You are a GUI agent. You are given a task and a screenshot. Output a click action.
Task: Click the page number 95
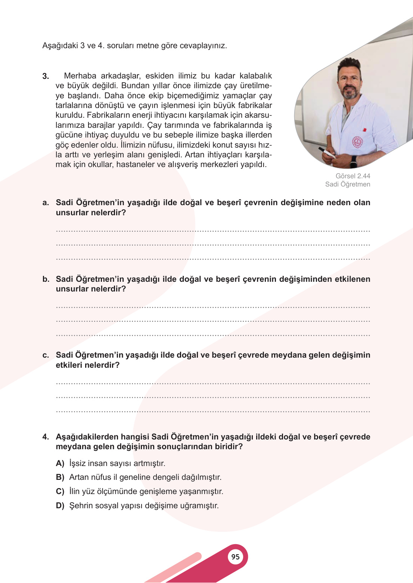235,557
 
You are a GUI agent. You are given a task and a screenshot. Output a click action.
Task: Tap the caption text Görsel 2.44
353,176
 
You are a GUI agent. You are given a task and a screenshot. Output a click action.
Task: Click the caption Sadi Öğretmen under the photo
347,184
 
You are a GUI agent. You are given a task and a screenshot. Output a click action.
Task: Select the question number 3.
46,76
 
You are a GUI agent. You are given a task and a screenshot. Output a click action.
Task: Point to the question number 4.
46,437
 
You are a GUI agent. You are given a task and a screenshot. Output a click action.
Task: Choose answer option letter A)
60,463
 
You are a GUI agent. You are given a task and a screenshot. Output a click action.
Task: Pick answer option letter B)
60,477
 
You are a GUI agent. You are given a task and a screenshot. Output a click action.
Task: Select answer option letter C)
60,491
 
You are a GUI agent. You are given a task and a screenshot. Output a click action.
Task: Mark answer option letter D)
60,506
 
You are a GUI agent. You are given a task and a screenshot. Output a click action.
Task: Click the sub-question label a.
46,203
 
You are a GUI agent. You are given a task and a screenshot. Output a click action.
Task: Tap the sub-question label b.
46,279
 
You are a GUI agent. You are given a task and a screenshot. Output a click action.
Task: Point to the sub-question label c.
46,355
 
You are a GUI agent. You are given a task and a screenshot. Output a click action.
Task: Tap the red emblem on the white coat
357,142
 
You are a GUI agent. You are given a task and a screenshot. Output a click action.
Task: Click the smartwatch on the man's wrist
353,162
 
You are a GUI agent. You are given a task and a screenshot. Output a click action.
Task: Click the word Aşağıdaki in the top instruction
60,46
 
